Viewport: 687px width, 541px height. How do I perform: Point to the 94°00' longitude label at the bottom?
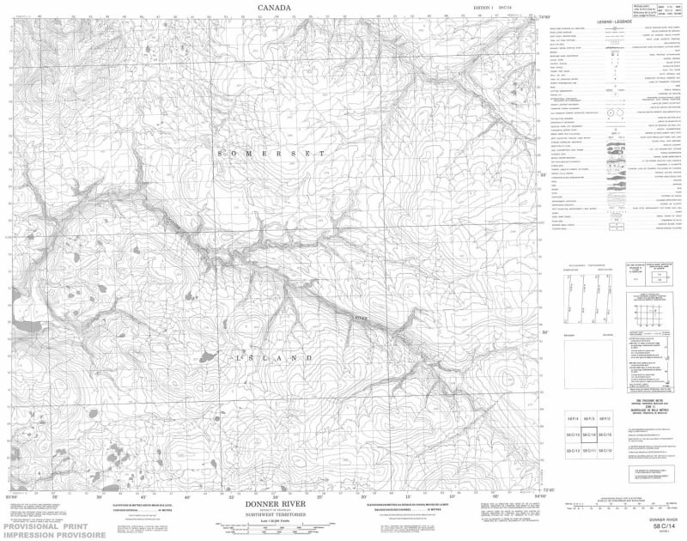[540, 497]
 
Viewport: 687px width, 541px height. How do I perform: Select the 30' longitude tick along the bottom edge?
[364, 497]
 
